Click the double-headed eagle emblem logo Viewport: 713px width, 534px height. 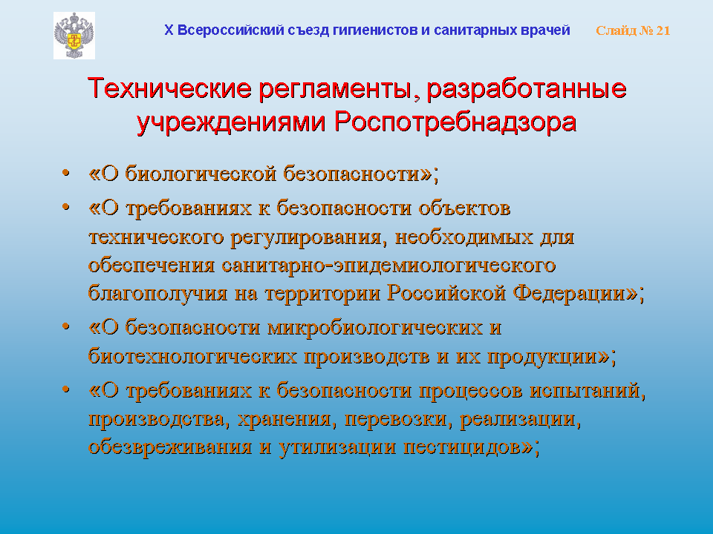point(74,36)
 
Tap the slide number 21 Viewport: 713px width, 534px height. point(663,30)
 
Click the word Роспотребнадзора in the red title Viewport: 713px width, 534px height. point(455,122)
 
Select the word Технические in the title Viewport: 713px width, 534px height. point(169,88)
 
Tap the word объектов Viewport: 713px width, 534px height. point(464,208)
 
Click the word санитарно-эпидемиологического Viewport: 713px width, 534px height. point(388,266)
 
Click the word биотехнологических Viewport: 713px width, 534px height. point(192,356)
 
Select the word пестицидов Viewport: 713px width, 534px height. point(462,447)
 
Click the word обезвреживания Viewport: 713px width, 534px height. point(170,446)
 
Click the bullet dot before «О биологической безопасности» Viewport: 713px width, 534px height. point(66,173)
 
